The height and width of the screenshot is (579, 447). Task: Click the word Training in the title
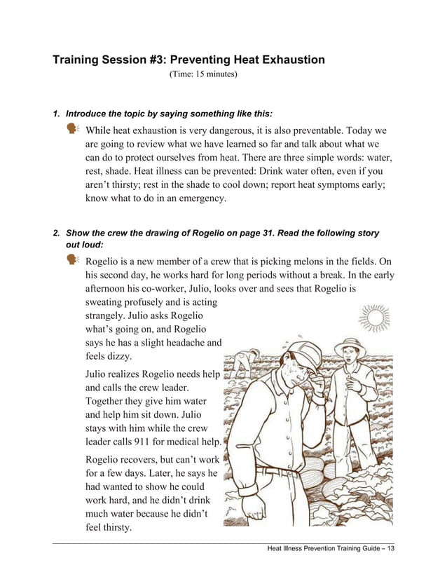coord(78,60)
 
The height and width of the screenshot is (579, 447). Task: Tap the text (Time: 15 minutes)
coord(203,74)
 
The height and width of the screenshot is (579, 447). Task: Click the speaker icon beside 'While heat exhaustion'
coord(73,128)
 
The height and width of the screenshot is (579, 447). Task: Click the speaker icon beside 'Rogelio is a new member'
coord(73,260)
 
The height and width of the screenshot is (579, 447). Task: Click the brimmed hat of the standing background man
coord(348,346)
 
